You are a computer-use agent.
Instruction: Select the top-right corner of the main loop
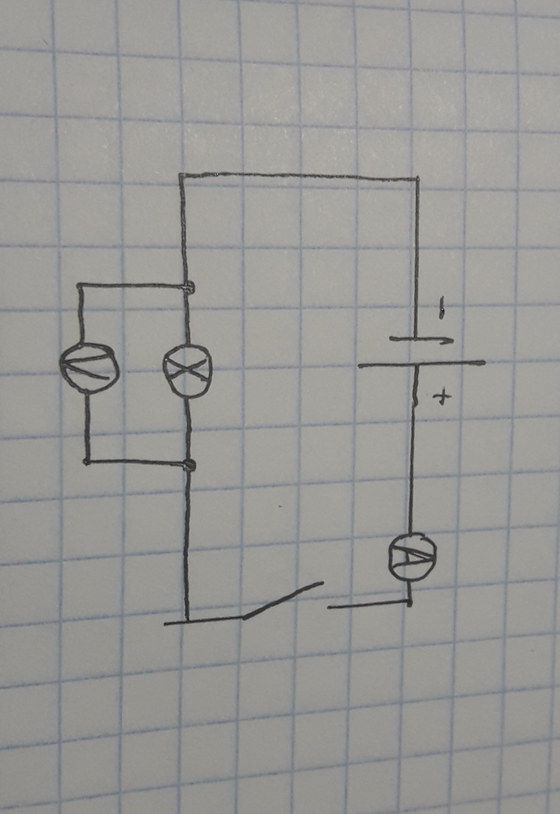point(417,179)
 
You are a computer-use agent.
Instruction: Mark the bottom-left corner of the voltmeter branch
point(86,462)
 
